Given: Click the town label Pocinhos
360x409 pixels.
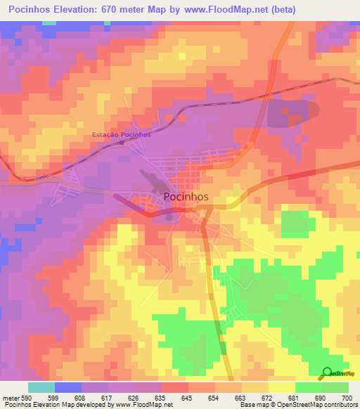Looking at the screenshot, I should [x=186, y=197].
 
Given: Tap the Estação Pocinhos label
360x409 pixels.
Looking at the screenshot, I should [x=122, y=134].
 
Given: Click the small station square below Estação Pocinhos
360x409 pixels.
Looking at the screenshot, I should [x=122, y=143].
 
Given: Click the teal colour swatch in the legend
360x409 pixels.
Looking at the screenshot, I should [x=41, y=387].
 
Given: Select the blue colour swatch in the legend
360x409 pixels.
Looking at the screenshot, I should [x=68, y=387].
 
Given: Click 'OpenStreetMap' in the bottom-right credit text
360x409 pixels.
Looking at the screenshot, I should [x=320, y=405].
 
